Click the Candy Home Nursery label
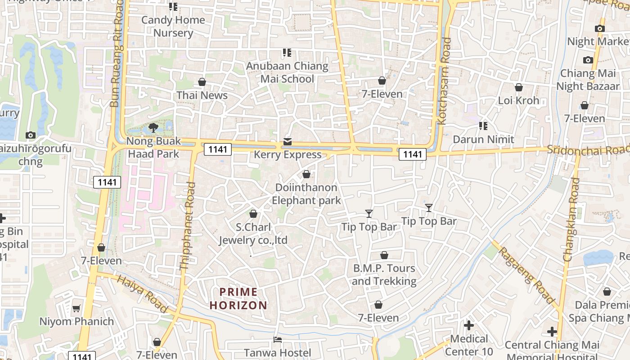click(173, 27)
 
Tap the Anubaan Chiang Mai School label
click(287, 72)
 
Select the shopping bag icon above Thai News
click(202, 82)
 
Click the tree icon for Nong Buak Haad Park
click(153, 128)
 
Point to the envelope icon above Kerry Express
click(288, 142)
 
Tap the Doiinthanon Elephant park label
click(306, 194)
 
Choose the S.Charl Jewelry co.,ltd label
click(253, 234)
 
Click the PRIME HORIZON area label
click(238, 299)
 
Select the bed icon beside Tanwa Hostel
click(278, 340)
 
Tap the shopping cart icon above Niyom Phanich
click(76, 309)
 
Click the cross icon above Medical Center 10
click(469, 325)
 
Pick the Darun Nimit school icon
click(483, 126)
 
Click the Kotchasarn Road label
click(444, 81)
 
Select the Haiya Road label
click(142, 294)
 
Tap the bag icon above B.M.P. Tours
click(384, 256)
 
